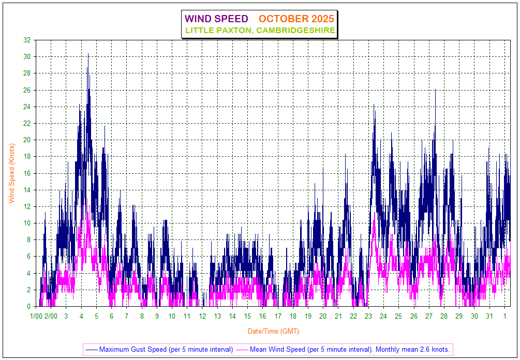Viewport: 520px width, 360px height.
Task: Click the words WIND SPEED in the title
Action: click(217, 19)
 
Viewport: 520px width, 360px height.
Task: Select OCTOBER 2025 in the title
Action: click(296, 19)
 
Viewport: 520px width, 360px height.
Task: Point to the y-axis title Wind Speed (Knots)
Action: click(11, 173)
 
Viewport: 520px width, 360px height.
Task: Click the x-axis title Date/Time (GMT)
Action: click(273, 331)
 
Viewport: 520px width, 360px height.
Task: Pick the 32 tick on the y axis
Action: click(27, 40)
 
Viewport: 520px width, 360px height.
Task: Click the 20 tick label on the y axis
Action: click(27, 140)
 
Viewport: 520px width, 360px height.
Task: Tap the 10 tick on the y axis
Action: click(27, 223)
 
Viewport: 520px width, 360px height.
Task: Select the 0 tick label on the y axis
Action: click(28, 306)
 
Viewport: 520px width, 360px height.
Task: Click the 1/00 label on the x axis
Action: click(36, 316)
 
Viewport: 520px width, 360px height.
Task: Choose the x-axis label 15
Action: click(247, 316)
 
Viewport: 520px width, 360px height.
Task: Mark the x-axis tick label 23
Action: click(368, 316)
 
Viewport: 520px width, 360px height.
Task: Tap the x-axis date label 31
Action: click(489, 316)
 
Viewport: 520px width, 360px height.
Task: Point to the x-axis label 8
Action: click(142, 316)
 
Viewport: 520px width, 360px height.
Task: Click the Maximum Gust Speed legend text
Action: click(166, 349)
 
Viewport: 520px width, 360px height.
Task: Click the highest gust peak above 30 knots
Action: click(88, 54)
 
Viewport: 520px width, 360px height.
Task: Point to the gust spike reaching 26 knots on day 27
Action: click(435, 91)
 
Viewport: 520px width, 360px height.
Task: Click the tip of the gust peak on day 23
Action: click(374, 104)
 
